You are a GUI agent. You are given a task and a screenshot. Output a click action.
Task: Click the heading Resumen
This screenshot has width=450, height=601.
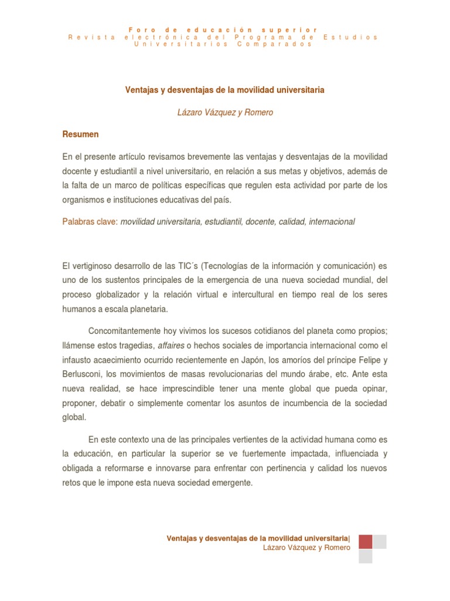(80, 134)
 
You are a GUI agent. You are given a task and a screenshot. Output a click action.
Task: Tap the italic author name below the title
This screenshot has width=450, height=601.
(225, 112)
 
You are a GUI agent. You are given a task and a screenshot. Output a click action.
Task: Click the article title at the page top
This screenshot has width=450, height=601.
(225, 90)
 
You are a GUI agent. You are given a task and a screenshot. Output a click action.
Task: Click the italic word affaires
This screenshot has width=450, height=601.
(172, 346)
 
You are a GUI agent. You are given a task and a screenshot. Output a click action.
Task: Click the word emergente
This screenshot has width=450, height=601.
(233, 483)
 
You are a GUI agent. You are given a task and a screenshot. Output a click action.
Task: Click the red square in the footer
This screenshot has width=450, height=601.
(365, 541)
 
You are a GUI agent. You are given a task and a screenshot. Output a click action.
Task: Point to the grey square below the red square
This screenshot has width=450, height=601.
(365, 556)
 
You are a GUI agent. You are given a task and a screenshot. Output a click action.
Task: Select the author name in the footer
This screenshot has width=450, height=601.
(307, 548)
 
